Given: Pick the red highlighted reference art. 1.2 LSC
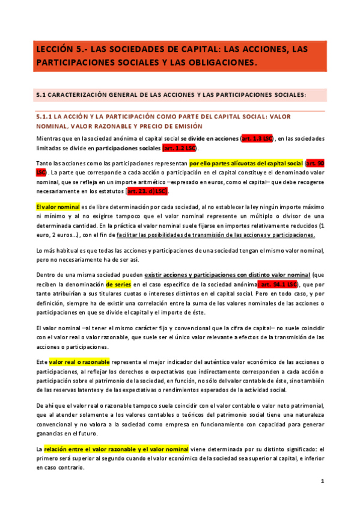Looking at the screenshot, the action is (180, 148).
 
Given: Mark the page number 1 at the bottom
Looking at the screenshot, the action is (322, 481).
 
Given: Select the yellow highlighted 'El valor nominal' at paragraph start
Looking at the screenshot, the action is (58, 206).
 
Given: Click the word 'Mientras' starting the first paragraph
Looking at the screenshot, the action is (48, 138).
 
